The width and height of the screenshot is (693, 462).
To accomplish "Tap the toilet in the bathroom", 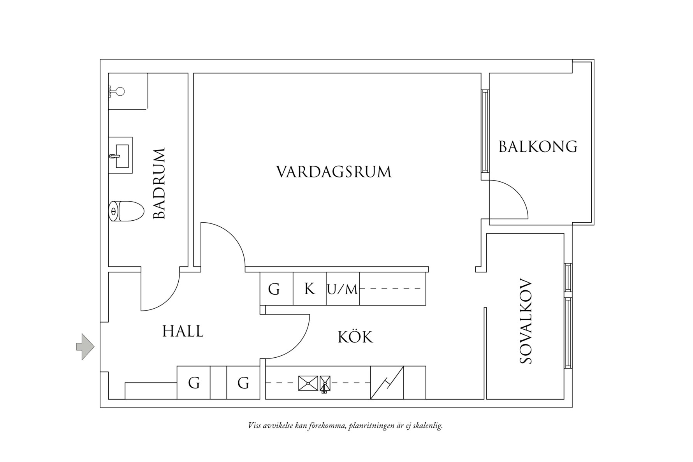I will click(x=126, y=211).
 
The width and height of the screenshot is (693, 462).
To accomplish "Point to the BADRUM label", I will click(x=159, y=183).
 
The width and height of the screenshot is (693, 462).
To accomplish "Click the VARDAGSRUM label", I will click(x=334, y=172).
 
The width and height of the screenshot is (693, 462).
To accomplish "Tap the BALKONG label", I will click(x=538, y=147).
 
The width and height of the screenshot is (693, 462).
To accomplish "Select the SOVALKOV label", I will click(x=526, y=321).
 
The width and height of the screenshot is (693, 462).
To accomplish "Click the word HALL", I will click(x=183, y=331).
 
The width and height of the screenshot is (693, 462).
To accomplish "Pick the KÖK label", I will click(x=355, y=337).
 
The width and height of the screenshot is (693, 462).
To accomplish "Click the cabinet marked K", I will click(x=310, y=289).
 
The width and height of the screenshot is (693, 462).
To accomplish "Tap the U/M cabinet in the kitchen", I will click(x=343, y=289).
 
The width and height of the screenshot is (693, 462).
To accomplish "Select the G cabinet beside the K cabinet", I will click(x=274, y=289).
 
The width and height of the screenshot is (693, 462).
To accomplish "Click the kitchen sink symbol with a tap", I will click(x=325, y=383).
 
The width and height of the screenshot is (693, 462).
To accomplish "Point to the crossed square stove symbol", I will click(x=308, y=383).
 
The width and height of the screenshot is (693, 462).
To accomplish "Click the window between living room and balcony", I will click(x=485, y=131).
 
